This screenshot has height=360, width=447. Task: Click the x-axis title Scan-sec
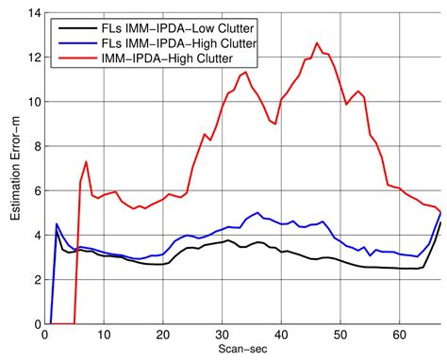(243, 351)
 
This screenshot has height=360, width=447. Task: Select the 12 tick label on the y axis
(34, 58)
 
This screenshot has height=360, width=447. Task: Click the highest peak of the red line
(317, 43)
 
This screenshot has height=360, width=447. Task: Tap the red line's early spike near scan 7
(86, 162)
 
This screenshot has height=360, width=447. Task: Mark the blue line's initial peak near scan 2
(58, 224)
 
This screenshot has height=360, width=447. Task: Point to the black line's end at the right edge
(439, 222)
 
